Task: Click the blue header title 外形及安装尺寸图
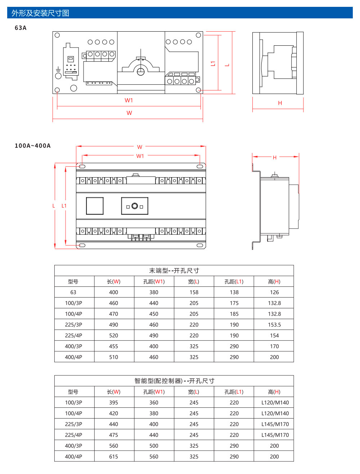coord(40,13)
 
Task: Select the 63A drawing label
coord(21,28)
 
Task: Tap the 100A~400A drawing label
coord(33,146)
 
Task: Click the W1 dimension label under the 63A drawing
coord(129,100)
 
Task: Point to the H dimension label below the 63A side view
coord(280,103)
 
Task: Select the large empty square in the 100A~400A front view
coord(95,206)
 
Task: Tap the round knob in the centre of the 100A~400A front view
coord(135,206)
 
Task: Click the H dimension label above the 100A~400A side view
coord(275,157)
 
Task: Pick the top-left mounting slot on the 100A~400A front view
coord(82,166)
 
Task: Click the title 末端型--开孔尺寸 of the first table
coord(174,270)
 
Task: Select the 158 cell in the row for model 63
coord(194,292)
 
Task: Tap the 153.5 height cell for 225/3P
coord(274,325)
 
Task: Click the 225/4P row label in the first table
coord(73,336)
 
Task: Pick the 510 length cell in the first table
coord(114,357)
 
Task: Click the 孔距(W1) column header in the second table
coord(154,392)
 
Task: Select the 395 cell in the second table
coord(114,403)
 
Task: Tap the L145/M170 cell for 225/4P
coord(275,435)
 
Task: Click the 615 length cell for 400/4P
coord(114,457)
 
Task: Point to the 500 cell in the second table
coord(154,446)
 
